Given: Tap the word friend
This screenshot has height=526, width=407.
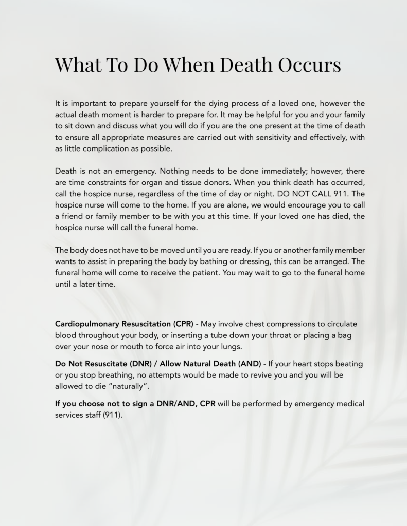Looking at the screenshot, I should pyautogui.click(x=73, y=216).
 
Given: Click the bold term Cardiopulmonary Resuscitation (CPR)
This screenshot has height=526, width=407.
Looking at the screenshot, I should pyautogui.click(x=124, y=324).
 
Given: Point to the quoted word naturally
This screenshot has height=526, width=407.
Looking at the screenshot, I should pyautogui.click(x=119, y=386).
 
